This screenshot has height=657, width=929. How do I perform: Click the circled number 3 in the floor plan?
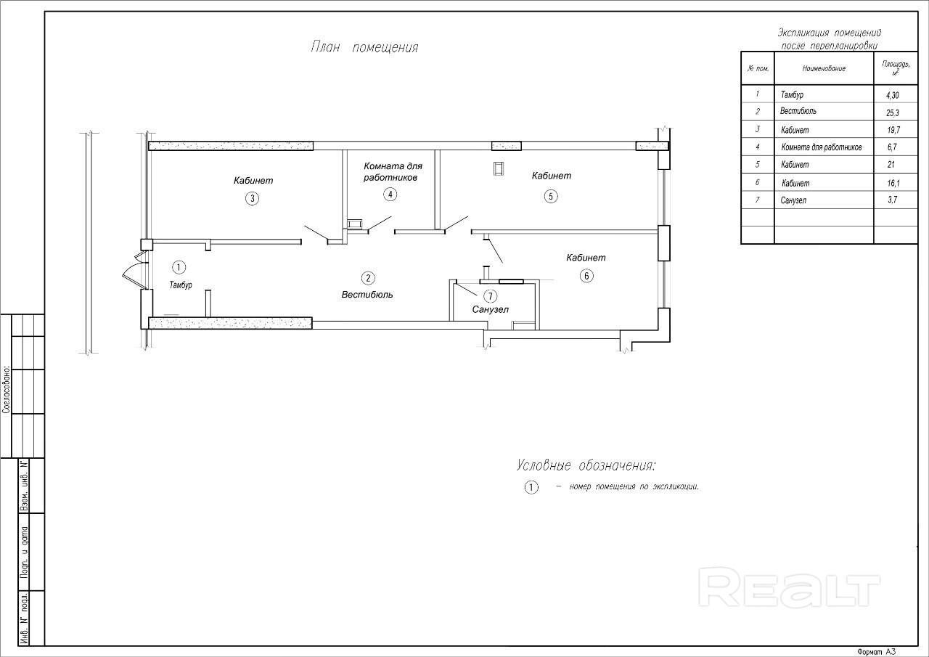(252, 199)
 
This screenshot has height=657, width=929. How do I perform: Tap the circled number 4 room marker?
(390, 194)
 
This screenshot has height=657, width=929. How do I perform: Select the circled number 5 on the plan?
(551, 196)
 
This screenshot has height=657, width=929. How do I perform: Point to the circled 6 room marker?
(586, 276)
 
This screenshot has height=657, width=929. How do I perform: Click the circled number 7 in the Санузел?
(490, 296)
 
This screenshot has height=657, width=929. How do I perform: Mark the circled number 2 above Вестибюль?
(368, 278)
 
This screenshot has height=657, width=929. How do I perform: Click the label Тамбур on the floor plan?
(181, 285)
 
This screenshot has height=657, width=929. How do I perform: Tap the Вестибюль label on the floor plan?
(367, 295)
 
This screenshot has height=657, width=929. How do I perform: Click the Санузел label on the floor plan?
(490, 309)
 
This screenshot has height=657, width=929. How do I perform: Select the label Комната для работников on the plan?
(393, 172)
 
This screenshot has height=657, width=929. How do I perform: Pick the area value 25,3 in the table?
(893, 113)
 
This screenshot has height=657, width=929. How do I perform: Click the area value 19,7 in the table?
(893, 130)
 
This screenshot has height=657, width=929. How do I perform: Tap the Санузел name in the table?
(793, 200)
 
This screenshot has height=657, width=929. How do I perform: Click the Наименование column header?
(824, 68)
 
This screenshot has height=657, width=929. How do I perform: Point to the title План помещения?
(364, 47)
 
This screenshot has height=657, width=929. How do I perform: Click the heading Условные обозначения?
(586, 466)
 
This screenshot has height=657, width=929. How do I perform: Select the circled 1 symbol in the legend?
(531, 487)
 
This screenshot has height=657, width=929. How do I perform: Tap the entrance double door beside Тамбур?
(136, 271)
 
